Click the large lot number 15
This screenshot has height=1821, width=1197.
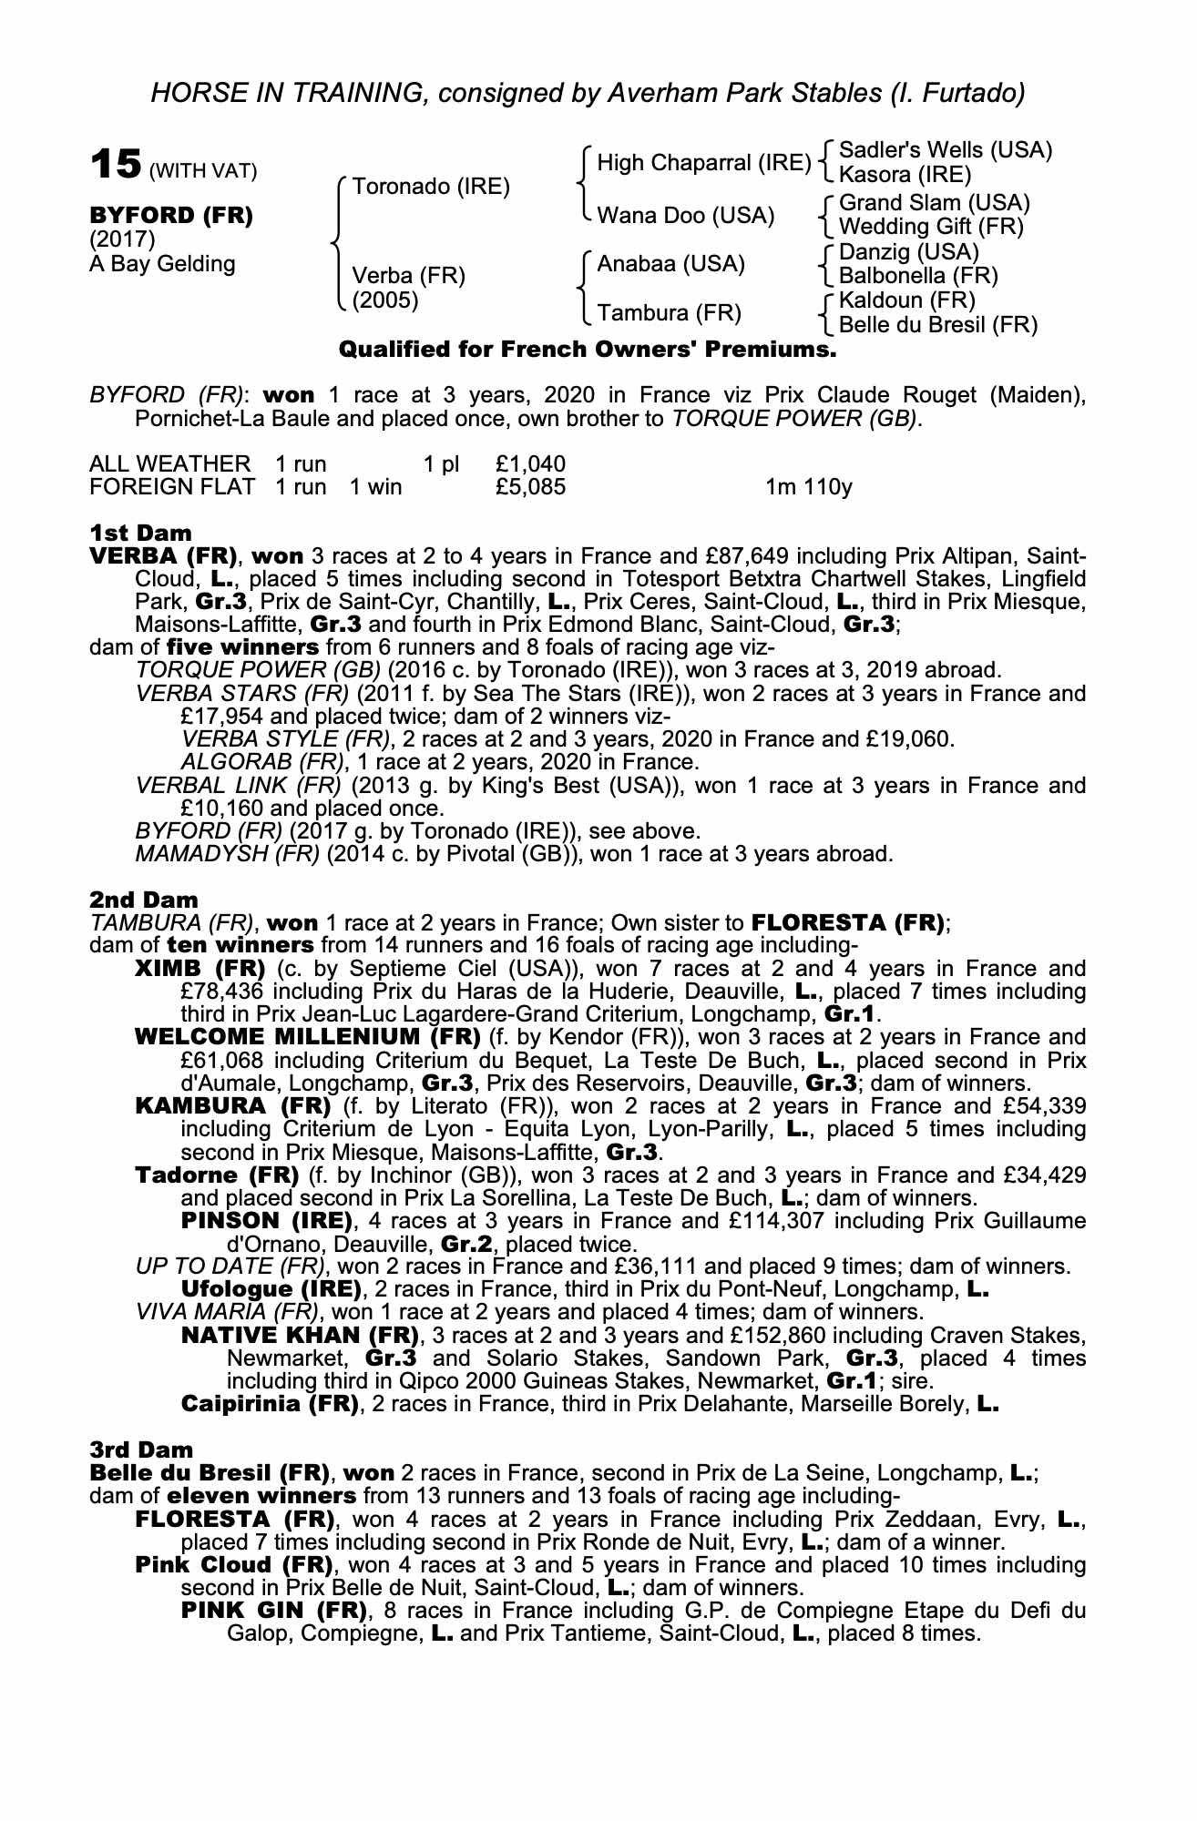coord(116,166)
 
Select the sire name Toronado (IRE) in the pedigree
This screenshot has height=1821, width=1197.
coord(430,187)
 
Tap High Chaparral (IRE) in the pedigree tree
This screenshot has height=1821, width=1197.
coord(703,163)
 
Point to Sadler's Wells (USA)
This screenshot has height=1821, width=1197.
coord(945,150)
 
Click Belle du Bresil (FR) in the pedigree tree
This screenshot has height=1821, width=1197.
coord(937,324)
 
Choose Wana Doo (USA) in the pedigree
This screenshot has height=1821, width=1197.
coord(685,216)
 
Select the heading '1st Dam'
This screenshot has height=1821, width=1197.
coord(140,533)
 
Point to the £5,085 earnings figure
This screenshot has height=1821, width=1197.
coord(530,487)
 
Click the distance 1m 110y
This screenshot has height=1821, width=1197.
coord(808,487)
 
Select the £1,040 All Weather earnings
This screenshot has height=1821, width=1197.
coord(530,464)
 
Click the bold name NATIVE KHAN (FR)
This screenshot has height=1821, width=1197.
coord(300,1336)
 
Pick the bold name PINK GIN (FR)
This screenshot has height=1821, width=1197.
coord(274,1611)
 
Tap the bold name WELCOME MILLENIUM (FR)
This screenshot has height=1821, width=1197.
coord(307,1037)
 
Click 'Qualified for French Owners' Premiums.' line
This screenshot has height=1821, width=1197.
coord(587,350)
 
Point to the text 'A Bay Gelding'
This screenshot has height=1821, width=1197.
coord(162,264)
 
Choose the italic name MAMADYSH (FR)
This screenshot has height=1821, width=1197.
coord(227,854)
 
